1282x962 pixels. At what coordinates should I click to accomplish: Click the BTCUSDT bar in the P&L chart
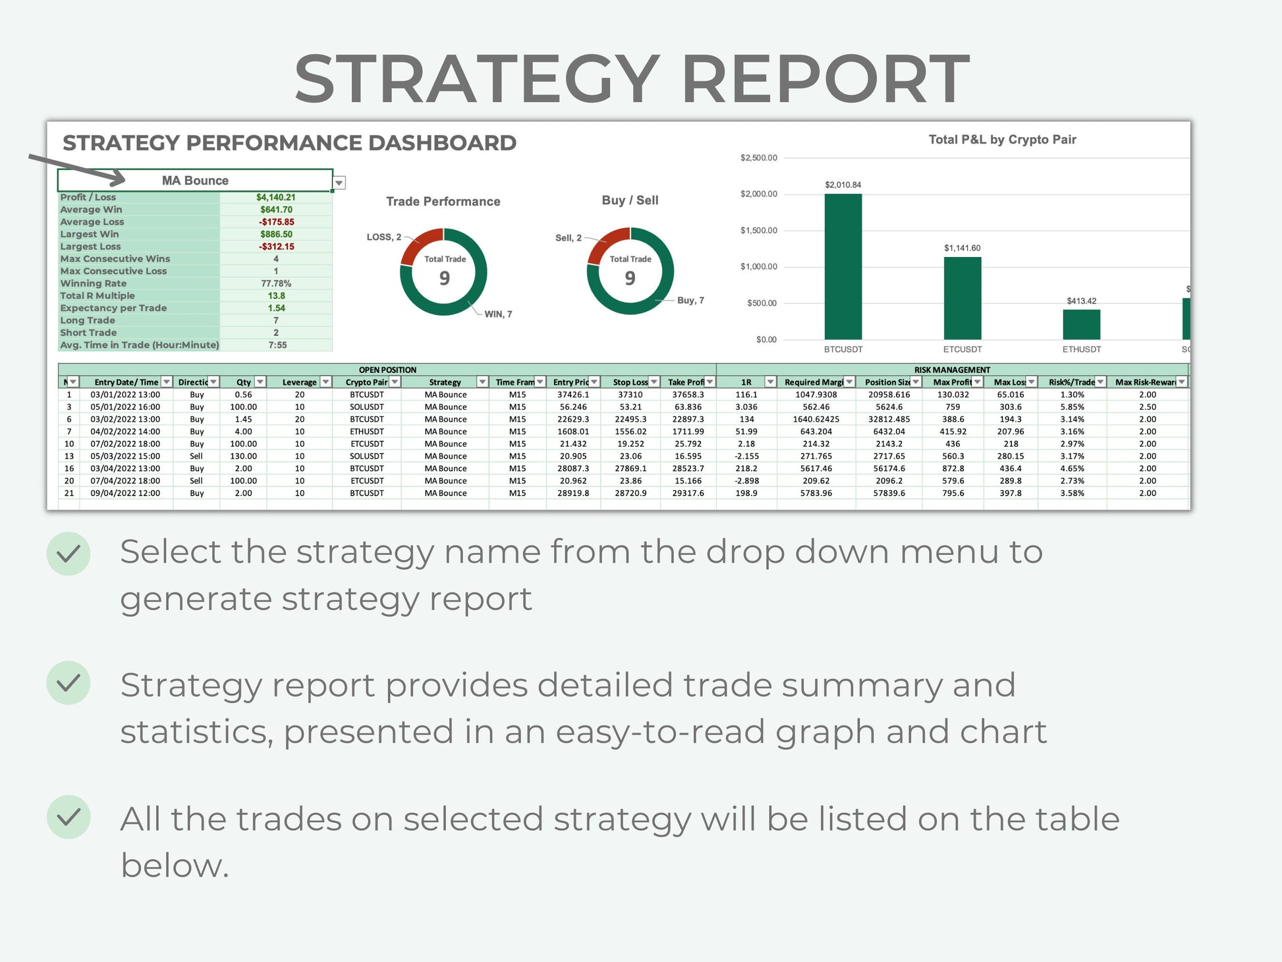[x=843, y=266]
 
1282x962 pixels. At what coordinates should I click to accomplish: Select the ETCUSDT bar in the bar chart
[x=962, y=298]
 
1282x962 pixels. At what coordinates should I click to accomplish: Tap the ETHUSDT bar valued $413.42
[x=1082, y=324]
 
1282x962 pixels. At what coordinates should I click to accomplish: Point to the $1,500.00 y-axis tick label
[x=759, y=231]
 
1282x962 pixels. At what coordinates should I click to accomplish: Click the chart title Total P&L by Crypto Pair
[x=1002, y=140]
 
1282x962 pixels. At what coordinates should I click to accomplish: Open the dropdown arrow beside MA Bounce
[x=339, y=183]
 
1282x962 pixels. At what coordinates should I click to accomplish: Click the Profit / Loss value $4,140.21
[x=276, y=197]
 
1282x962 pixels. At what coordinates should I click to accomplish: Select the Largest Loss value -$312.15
[x=277, y=246]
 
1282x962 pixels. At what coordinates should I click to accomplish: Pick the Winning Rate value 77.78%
[x=276, y=283]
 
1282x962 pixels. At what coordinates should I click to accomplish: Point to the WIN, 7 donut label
[x=498, y=314]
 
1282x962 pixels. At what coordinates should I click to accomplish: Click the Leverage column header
[x=300, y=382]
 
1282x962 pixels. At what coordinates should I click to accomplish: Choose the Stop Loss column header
[x=630, y=382]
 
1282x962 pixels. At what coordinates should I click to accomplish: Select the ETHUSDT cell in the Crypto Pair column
[x=367, y=432]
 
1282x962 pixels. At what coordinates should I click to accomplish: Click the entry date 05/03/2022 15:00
[x=125, y=456]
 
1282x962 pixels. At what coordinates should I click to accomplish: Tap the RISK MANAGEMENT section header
[x=952, y=370]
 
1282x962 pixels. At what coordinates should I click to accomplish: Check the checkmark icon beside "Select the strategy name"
[x=69, y=553]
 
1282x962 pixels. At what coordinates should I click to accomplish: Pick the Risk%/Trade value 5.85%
[x=1072, y=407]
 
